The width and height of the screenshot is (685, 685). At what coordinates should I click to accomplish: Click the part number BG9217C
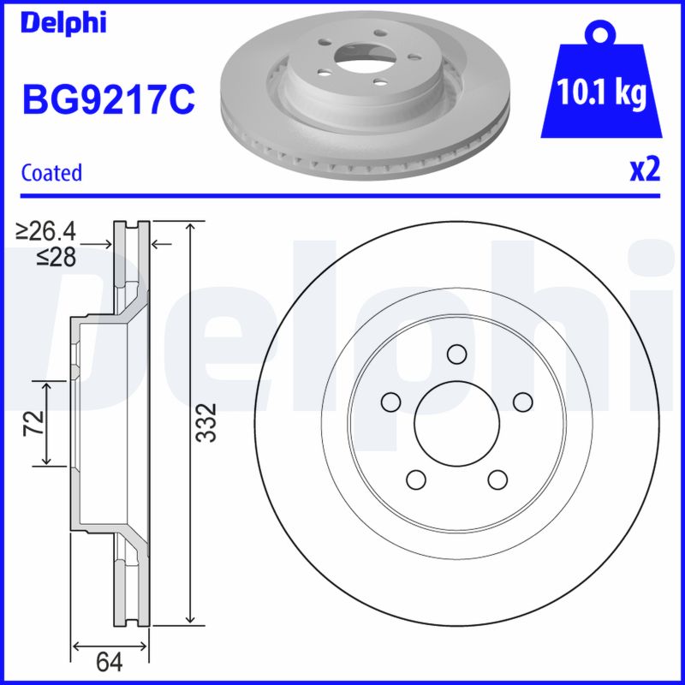pos(108,100)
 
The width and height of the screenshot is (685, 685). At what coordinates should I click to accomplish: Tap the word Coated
pos(51,172)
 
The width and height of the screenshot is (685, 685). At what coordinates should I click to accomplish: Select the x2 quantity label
pos(644,170)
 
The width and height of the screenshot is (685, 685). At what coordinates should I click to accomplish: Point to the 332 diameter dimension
pos(205,421)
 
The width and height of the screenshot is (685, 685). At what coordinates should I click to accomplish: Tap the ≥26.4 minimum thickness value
pos(47,230)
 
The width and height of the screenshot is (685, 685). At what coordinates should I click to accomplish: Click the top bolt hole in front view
pos(457,354)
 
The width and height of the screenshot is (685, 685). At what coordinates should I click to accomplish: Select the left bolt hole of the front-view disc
pos(390,402)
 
